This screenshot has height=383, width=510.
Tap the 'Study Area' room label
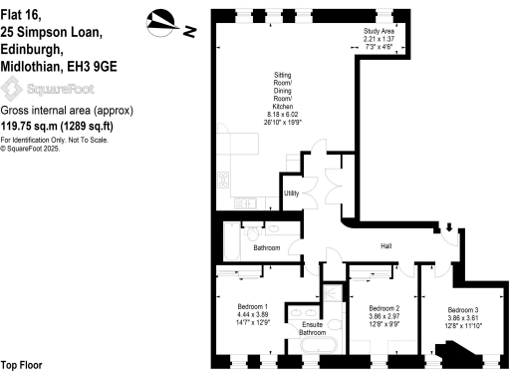pyautogui.click(x=379, y=32)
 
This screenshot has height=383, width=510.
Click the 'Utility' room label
pyautogui.click(x=292, y=193)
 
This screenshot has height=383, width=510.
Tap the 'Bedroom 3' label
pyautogui.click(x=463, y=308)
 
